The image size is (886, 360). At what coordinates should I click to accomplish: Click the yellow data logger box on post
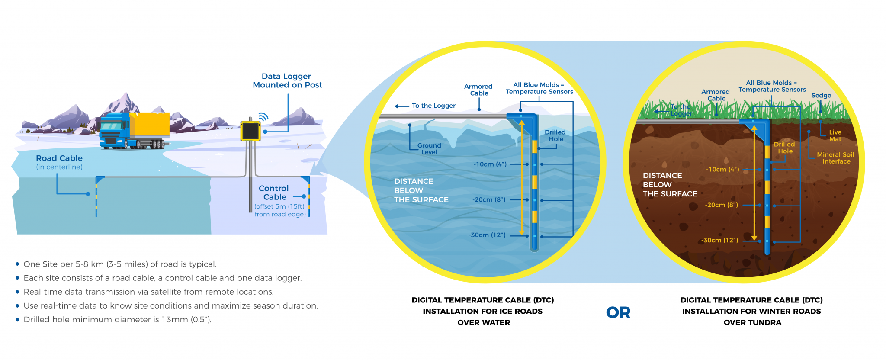250,131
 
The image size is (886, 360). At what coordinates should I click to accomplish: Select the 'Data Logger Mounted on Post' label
287,81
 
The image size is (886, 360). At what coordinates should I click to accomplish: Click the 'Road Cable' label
59,158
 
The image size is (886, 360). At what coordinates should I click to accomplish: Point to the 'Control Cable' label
274,193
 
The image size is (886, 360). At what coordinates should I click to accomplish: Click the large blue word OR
618,312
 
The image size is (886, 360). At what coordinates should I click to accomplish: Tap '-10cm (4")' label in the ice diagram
490,164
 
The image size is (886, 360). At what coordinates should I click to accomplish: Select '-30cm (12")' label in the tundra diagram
719,240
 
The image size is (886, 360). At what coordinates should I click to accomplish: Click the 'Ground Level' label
429,149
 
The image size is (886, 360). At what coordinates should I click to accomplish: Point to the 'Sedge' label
821,96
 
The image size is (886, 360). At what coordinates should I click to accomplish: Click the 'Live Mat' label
835,135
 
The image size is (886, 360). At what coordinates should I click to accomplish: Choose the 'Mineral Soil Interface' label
835,158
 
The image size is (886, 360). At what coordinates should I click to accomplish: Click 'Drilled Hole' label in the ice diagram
555,135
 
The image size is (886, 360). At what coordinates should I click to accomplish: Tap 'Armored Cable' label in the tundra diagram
716,95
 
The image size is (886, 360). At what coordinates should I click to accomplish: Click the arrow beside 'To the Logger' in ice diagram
401,106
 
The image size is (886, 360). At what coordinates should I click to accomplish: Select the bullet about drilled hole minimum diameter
117,320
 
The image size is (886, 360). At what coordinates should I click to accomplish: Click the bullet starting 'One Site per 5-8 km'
120,264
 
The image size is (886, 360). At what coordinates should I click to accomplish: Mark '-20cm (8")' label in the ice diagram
489,200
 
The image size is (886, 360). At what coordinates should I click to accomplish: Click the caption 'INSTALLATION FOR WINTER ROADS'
751,311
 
